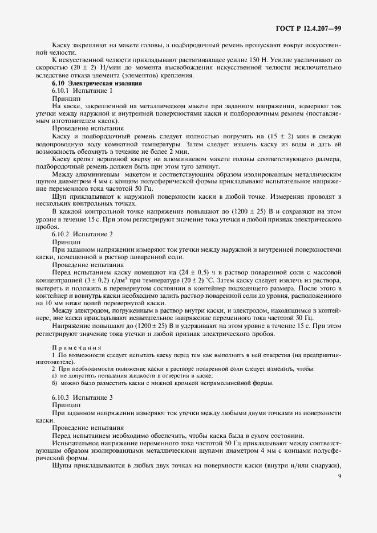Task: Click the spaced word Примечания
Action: pos(76,346)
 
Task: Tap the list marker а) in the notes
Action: pos(54,375)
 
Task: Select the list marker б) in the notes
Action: pos(54,383)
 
